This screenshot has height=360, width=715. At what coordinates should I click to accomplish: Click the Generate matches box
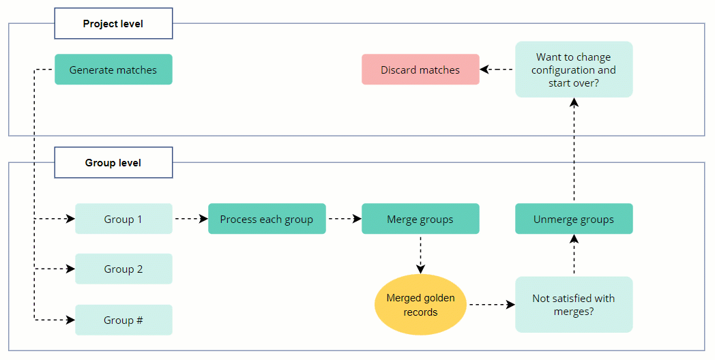(x=113, y=70)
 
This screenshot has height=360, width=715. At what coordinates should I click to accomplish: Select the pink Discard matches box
(x=420, y=70)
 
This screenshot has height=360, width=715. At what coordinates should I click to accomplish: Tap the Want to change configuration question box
(x=574, y=70)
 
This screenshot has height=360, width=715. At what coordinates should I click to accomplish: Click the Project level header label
(x=113, y=25)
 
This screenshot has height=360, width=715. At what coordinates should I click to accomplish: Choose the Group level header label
(x=113, y=163)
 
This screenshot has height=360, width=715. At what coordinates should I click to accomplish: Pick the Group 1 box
(x=123, y=219)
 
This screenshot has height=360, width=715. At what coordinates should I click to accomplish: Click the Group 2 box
(x=123, y=269)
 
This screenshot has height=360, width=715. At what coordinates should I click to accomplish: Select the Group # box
(x=123, y=320)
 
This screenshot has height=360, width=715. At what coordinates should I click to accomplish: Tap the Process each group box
(x=267, y=219)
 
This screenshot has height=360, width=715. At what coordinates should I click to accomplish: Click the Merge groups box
(x=420, y=219)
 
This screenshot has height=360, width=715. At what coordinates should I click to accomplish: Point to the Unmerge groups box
(x=574, y=219)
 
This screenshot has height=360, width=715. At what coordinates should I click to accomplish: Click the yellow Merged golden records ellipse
(x=420, y=305)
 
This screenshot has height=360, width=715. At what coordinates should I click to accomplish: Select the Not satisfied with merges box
(x=574, y=305)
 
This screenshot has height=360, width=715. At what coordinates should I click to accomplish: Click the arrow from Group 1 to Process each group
(x=190, y=219)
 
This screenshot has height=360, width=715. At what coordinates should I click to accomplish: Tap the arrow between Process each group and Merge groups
(x=344, y=219)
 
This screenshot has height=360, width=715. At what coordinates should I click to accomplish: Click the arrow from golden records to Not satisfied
(x=491, y=305)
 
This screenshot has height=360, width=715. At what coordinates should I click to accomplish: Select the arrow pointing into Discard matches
(x=497, y=70)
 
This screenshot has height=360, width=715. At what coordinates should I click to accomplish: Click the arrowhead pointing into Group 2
(x=70, y=269)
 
